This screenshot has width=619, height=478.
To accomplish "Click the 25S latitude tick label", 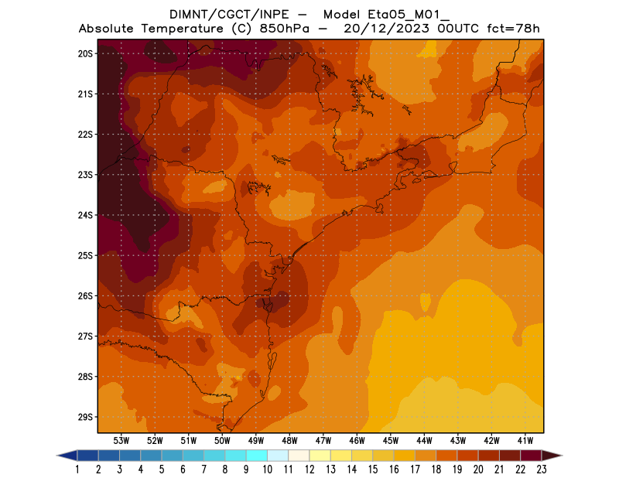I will click(85, 255).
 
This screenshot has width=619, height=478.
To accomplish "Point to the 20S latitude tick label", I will click(85, 53).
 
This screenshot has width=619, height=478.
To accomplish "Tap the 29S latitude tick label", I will click(85, 417).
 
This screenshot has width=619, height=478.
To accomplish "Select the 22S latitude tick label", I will click(85, 135).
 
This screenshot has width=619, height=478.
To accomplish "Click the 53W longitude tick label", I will click(121, 440).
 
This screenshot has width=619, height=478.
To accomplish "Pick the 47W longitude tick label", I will click(323, 440).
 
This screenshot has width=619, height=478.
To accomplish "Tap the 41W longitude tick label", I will click(526, 440).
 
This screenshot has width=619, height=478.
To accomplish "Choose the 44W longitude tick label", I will click(425, 440).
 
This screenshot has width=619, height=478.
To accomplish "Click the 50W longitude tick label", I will click(223, 440).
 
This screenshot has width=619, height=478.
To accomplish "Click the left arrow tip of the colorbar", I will click(59, 456).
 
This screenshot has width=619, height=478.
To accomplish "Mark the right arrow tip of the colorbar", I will click(561, 456).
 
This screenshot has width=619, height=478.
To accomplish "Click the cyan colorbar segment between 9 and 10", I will click(257, 456).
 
